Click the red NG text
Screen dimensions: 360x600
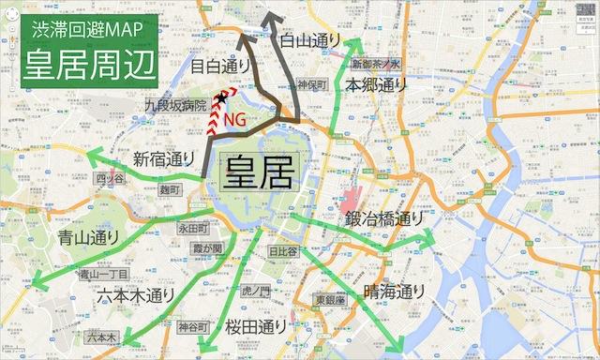248,117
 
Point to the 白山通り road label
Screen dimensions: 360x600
313,40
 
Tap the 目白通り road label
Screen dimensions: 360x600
220,66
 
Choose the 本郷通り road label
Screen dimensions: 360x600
377,84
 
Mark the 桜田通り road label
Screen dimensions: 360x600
256,327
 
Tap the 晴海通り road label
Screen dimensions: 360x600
395,292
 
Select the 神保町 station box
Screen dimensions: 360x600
310,84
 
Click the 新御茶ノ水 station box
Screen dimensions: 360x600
376,65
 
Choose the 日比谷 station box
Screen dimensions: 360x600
282,251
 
